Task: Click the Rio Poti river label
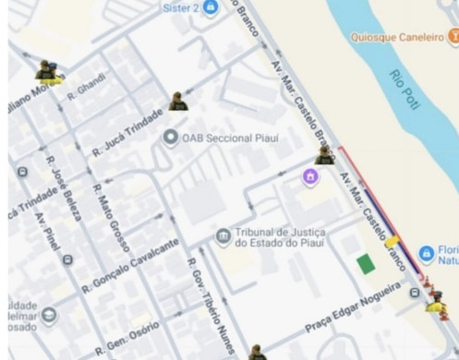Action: (405, 90)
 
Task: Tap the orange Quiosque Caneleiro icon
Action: (453, 37)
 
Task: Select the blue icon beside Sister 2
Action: (211, 7)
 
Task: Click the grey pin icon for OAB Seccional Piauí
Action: (170, 138)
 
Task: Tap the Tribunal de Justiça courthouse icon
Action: (223, 237)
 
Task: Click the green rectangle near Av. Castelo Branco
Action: (366, 264)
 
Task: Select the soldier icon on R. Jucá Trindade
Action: (177, 102)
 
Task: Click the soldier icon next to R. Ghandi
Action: (46, 71)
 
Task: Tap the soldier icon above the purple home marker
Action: (325, 154)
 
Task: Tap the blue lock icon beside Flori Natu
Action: (426, 253)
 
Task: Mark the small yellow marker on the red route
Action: (393, 242)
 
